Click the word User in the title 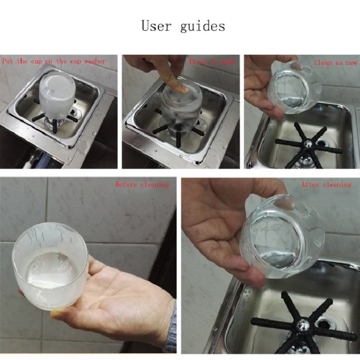(156, 25)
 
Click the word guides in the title (203, 26)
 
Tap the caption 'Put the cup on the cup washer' (54, 61)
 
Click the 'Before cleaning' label (142, 184)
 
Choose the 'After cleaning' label (326, 184)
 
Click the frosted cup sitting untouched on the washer (56, 93)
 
